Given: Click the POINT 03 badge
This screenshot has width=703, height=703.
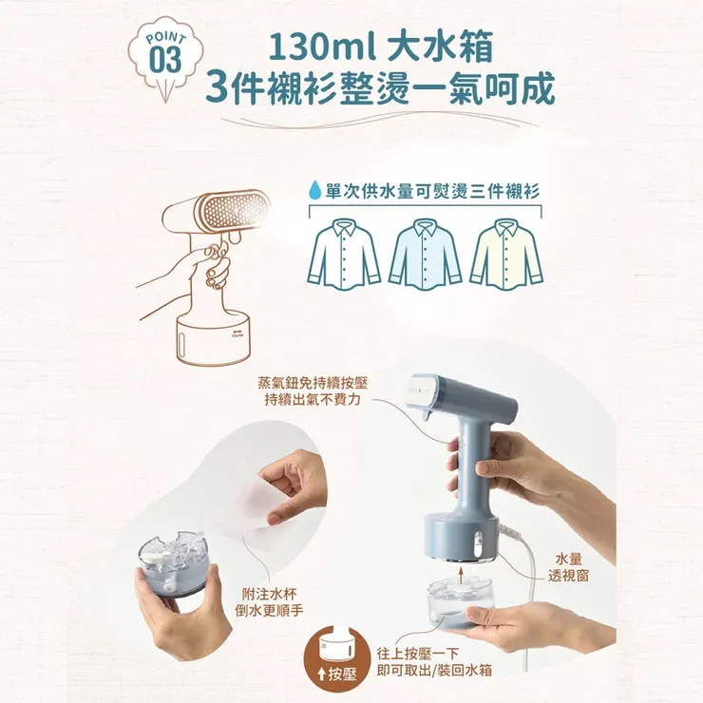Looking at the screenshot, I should click(x=164, y=54).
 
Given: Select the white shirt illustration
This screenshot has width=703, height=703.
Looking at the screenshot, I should click(x=344, y=253).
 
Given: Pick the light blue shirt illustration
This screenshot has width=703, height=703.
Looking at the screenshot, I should click(x=425, y=253).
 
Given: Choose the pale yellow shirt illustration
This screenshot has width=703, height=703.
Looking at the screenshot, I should click(x=504, y=253).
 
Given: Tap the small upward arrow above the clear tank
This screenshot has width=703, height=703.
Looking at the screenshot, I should click(x=460, y=574).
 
